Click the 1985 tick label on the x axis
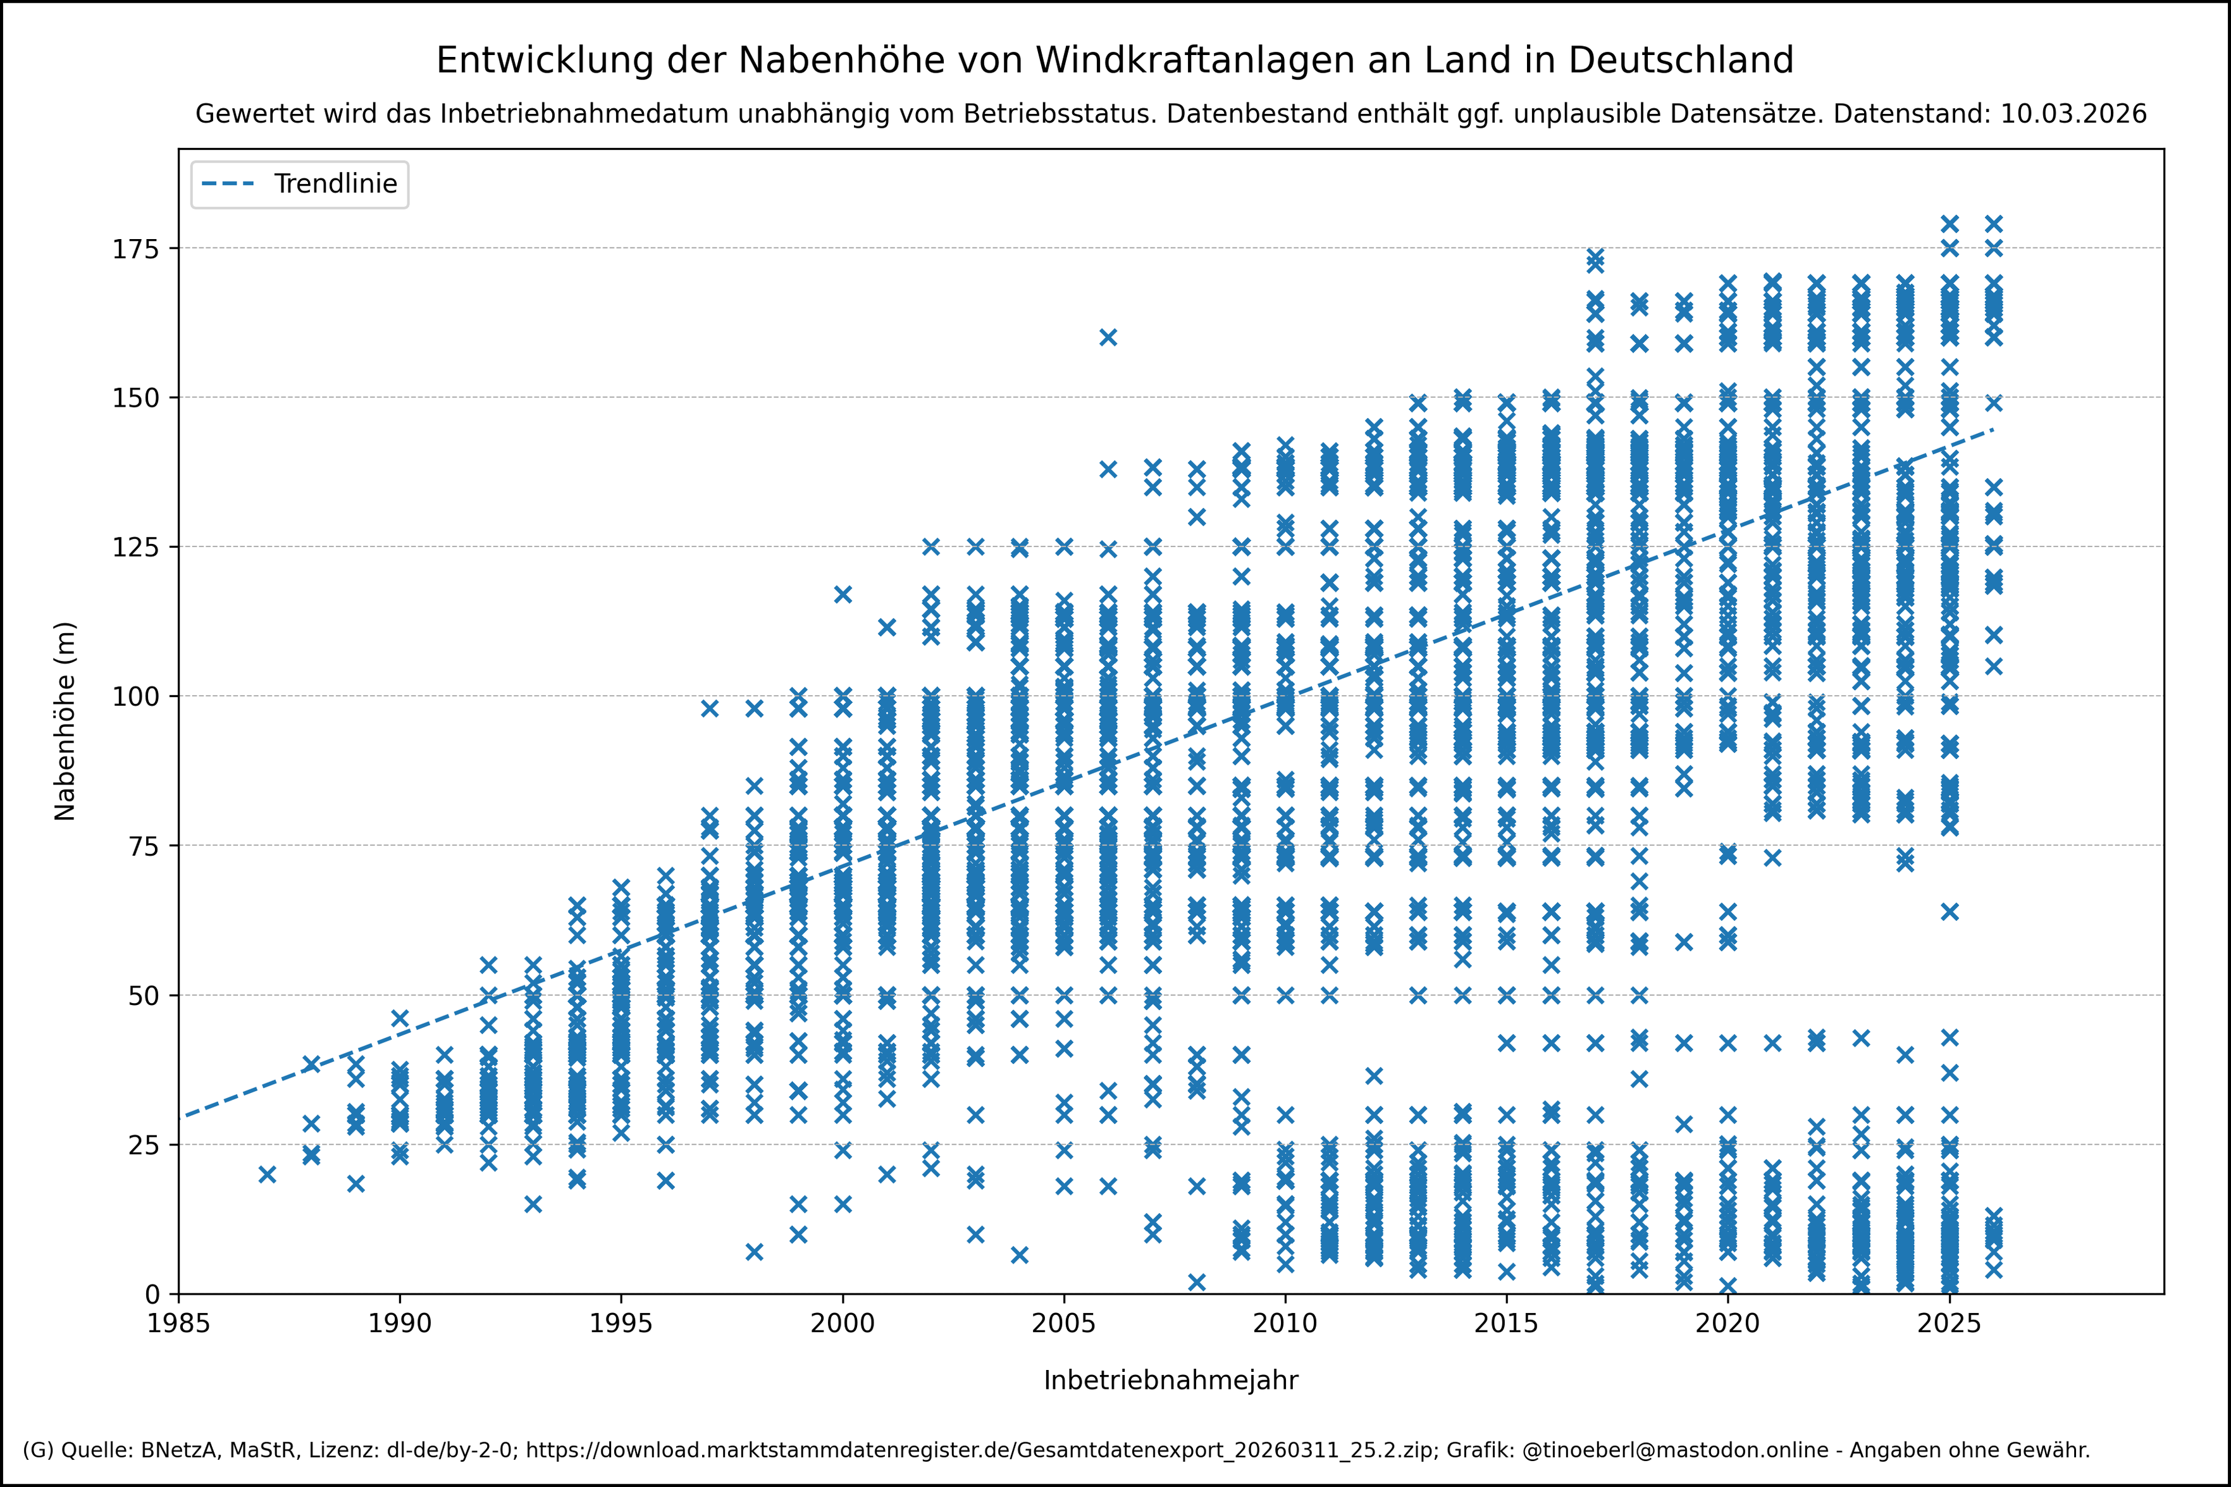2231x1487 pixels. pos(178,1324)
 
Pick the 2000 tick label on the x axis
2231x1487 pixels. pos(842,1324)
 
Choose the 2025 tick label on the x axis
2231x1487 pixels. pos(1948,1324)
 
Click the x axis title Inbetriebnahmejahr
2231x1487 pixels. pos(1170,1381)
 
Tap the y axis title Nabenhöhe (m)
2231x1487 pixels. pos(65,721)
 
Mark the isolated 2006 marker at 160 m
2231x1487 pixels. pos(1108,338)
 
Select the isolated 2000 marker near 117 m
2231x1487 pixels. pos(842,595)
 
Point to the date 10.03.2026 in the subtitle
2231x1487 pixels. pos(2073,114)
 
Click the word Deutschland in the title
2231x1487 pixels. pos(1680,61)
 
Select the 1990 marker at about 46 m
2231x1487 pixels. pos(400,1018)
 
